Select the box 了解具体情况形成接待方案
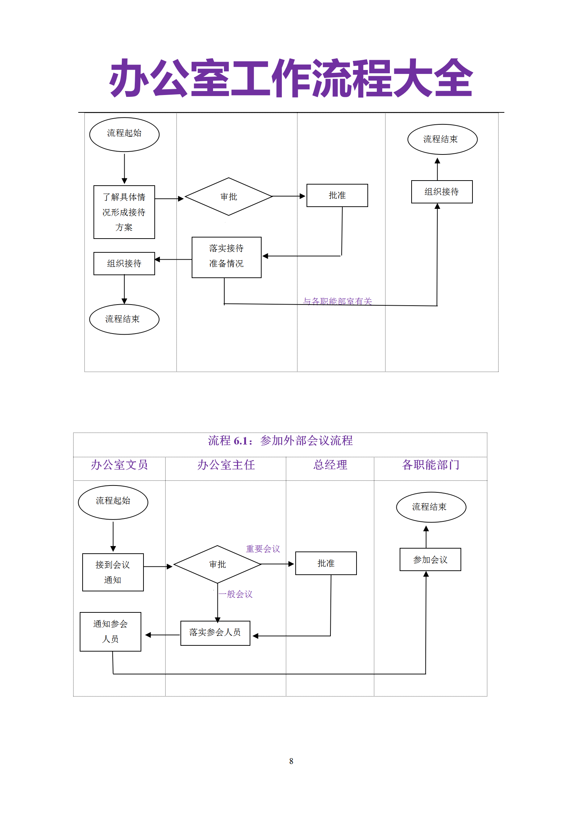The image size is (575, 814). click(x=124, y=212)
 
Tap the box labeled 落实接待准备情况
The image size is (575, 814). click(x=226, y=257)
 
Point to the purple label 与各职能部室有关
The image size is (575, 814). click(x=337, y=301)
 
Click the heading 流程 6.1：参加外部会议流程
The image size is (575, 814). click(x=280, y=441)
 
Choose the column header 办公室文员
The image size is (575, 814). click(x=119, y=465)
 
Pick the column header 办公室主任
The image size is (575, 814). click(x=226, y=465)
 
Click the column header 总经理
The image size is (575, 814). click(x=330, y=465)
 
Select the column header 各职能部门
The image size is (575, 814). click(x=431, y=465)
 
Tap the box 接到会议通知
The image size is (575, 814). click(x=113, y=572)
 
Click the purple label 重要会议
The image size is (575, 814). click(x=263, y=549)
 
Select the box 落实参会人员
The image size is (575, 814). click(x=215, y=633)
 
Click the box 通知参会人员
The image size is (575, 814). click(x=111, y=632)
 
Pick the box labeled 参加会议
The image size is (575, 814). click(x=430, y=559)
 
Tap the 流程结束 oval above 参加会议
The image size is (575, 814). click(x=431, y=507)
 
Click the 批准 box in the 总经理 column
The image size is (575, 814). click(x=326, y=563)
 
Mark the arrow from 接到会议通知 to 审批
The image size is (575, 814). click(x=158, y=566)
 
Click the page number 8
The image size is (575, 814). click(x=291, y=761)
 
